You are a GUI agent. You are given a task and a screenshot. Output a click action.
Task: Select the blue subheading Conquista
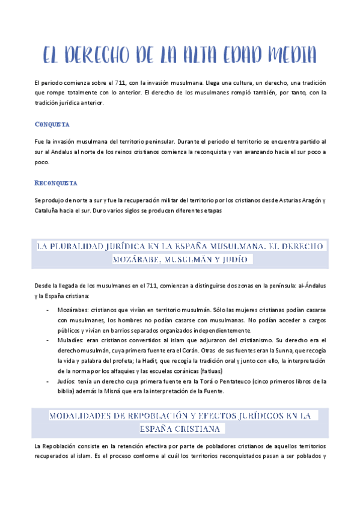(52, 124)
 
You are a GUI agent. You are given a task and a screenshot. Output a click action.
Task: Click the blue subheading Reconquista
(56, 182)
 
